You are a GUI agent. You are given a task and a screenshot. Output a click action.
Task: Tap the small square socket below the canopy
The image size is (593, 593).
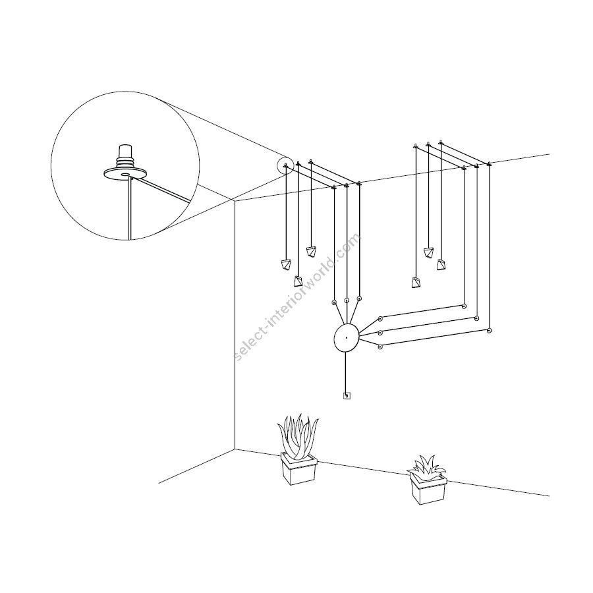pyautogui.click(x=347, y=396)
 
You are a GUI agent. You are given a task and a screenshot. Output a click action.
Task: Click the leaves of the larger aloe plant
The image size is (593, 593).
pyautogui.click(x=297, y=434)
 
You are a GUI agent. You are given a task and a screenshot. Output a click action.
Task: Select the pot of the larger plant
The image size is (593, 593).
pyautogui.click(x=298, y=469)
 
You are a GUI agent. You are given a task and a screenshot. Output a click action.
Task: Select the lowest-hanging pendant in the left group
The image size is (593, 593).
pyautogui.click(x=298, y=281)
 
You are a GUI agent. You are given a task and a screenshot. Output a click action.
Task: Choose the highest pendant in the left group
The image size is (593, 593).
pyautogui.click(x=312, y=251)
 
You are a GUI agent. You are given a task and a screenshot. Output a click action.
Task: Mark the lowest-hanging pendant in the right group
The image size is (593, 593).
pyautogui.click(x=416, y=283)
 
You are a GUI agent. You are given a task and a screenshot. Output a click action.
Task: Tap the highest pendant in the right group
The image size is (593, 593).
pyautogui.click(x=429, y=252)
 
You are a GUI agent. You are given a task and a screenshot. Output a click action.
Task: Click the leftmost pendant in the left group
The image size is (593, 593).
pyautogui.click(x=286, y=265)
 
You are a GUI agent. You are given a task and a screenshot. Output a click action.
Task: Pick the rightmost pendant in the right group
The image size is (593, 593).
pyautogui.click(x=441, y=265)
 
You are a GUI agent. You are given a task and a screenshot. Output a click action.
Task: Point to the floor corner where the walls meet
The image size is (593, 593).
pyautogui.click(x=235, y=449)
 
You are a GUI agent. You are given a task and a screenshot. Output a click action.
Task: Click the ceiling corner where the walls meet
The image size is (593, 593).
pyautogui.click(x=235, y=200)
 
